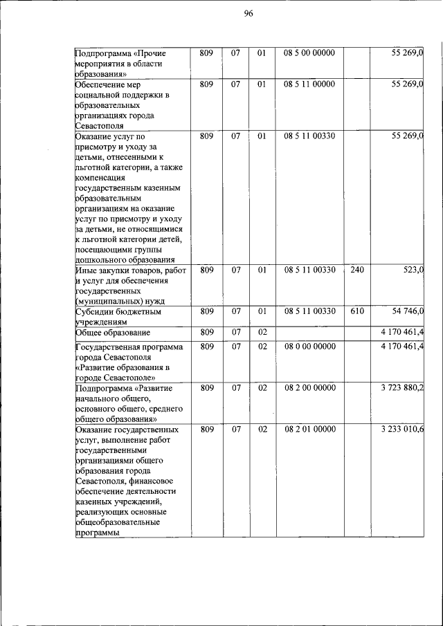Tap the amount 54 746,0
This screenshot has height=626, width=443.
pyautogui.click(x=408, y=312)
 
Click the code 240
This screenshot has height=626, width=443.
pyautogui.click(x=357, y=270)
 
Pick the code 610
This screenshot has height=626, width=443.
pyautogui.click(x=357, y=312)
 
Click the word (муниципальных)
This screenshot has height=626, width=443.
pyautogui.click(x=107, y=302)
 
